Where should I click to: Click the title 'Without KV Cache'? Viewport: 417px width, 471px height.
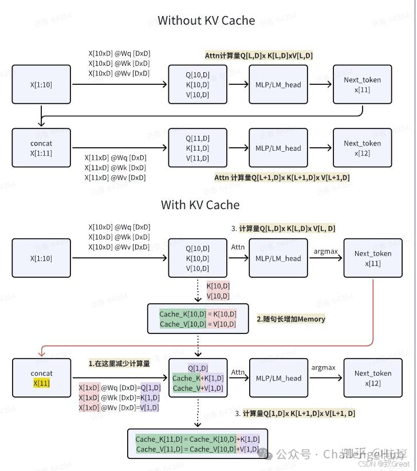click(206, 21)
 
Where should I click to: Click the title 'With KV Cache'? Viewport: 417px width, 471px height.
click(200, 205)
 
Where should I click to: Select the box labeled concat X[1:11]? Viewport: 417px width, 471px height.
click(41, 148)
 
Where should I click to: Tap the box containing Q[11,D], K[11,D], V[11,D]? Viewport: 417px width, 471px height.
click(198, 148)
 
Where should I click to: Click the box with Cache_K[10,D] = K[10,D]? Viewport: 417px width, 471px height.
click(198, 319)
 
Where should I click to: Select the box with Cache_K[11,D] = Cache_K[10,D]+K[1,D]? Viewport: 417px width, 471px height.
click(197, 444)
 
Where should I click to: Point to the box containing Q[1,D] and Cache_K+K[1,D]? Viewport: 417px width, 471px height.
click(198, 378)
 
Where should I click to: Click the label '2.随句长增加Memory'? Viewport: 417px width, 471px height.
click(290, 319)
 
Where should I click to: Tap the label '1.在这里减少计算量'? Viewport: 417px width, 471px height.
click(119, 363)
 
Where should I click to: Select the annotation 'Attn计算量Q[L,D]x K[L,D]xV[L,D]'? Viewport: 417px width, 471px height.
click(259, 56)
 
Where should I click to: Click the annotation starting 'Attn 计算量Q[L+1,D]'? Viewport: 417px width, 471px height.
click(282, 178)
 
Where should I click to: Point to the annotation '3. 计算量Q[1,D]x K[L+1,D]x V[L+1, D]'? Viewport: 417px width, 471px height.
click(295, 413)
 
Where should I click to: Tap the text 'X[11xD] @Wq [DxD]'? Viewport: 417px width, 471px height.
click(115, 158)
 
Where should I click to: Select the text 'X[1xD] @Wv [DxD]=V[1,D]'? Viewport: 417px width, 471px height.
click(119, 407)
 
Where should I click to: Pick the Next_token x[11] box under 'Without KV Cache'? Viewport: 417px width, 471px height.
click(362, 85)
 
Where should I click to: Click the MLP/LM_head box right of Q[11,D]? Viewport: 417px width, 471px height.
click(278, 148)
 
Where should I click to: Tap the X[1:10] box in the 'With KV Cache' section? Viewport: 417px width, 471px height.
click(41, 258)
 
